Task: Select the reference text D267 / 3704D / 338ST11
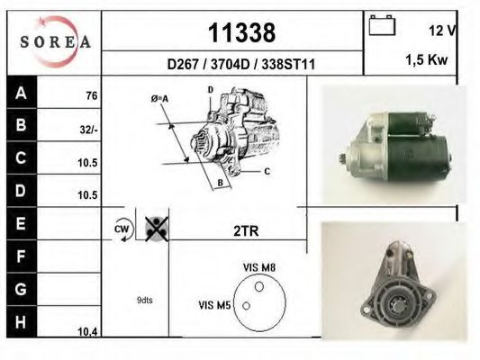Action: [240, 66]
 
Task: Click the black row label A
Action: [21, 93]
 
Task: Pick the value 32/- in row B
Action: [88, 129]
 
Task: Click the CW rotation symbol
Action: [122, 230]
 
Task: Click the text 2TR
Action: [246, 230]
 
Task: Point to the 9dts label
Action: [144, 300]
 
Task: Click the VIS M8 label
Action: [258, 267]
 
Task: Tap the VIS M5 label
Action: [215, 306]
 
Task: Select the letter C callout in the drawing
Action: [267, 170]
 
